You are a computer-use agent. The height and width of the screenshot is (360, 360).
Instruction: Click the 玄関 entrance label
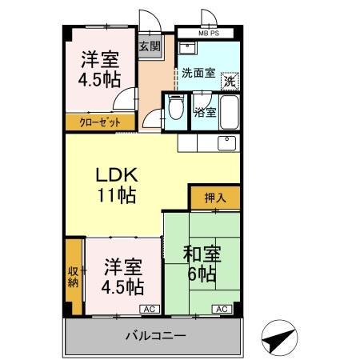click(x=150, y=46)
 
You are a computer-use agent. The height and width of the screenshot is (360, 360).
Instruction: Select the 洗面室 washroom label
click(x=198, y=73)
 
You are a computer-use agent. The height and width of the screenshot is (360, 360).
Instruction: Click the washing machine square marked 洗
click(x=230, y=81)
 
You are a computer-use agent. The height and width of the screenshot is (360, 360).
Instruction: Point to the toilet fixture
click(x=174, y=109)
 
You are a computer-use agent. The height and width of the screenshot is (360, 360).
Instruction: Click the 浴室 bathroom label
click(x=205, y=113)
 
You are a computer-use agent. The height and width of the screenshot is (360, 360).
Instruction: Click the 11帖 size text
click(x=117, y=194)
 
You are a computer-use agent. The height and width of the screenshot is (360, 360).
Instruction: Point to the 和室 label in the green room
click(x=200, y=255)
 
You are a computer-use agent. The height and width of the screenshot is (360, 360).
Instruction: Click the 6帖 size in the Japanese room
click(x=200, y=274)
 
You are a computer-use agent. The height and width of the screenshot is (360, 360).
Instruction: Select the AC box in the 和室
click(x=222, y=308)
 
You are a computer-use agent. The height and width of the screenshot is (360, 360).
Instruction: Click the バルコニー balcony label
click(x=154, y=335)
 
